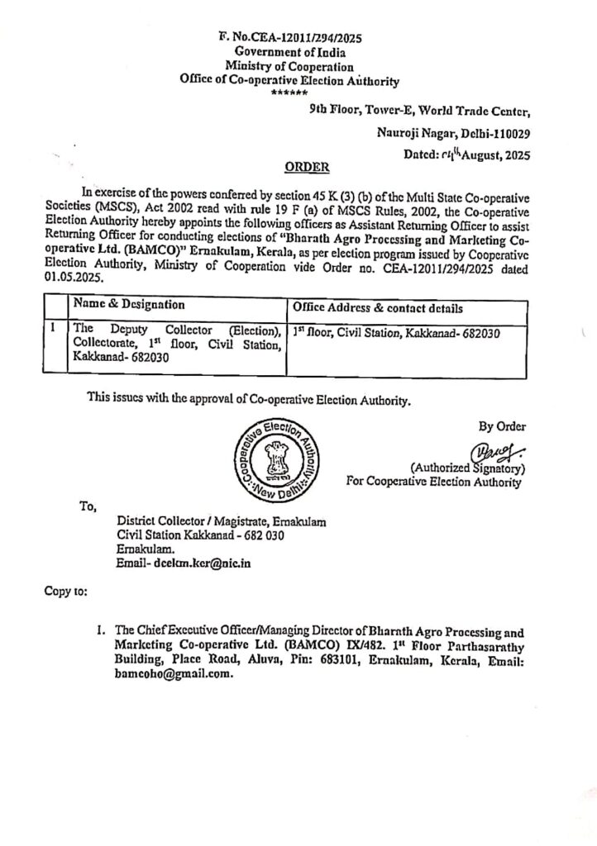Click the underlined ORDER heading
tap(307, 167)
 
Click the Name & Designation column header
tap(129, 306)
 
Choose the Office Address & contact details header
tap(380, 307)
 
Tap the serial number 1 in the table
tap(54, 328)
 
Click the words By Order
tap(502, 426)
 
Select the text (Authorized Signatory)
tap(469, 468)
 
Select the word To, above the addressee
tap(88, 506)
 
